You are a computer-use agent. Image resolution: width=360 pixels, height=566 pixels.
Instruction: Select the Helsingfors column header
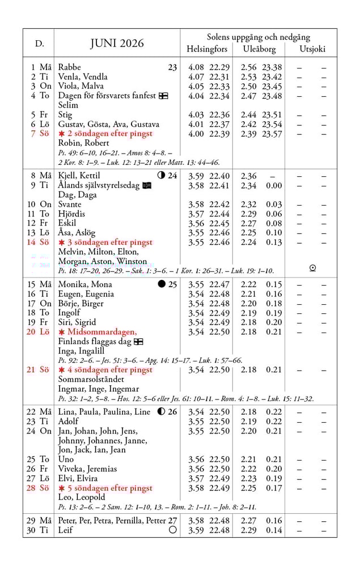(207, 49)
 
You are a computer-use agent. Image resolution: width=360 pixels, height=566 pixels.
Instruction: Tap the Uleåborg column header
(259, 49)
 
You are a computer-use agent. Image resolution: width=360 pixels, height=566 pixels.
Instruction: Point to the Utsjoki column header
(312, 49)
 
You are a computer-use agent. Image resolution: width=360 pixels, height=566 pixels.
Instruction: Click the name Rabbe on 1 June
(70, 67)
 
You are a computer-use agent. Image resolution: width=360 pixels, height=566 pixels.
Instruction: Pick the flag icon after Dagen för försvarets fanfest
(163, 96)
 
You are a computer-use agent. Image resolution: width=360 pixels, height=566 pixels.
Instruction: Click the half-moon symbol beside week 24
(161, 176)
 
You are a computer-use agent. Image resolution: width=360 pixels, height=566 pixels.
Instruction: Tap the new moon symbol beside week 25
(162, 284)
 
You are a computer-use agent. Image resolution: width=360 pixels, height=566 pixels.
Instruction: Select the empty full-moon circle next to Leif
(173, 530)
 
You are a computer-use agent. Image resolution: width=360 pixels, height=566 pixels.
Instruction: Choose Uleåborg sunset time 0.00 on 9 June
(274, 185)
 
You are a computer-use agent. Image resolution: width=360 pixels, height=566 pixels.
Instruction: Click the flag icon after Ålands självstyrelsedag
(147, 185)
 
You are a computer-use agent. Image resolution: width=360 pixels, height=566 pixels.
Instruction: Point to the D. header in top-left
(40, 44)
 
